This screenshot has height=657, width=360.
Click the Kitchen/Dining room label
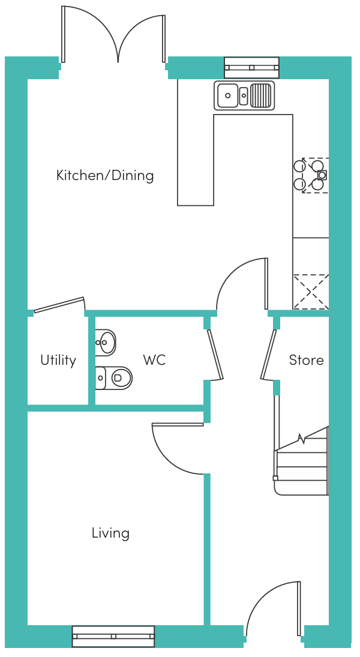pyautogui.click(x=105, y=175)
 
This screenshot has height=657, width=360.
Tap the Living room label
pyautogui.click(x=110, y=533)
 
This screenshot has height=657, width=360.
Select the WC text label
pyautogui.click(x=154, y=360)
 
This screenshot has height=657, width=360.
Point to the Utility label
pyautogui.click(x=58, y=360)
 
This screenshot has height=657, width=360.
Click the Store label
pyautogui.click(x=306, y=360)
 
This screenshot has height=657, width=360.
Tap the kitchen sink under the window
pyautogui.click(x=244, y=95)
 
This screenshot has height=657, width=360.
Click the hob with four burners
pyautogui.click(x=311, y=175)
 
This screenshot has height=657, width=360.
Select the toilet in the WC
pyautogui.click(x=115, y=377)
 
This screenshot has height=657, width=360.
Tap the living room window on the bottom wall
pyautogui.click(x=113, y=636)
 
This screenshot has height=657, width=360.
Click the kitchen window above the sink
pyautogui.click(x=251, y=67)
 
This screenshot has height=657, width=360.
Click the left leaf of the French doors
pyautogui.click(x=89, y=33)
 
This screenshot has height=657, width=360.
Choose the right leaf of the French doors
pyautogui.click(x=142, y=36)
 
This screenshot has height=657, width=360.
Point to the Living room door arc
pyautogui.click(x=174, y=450)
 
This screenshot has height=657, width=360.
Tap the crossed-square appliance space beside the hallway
pyautogui.click(x=311, y=292)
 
